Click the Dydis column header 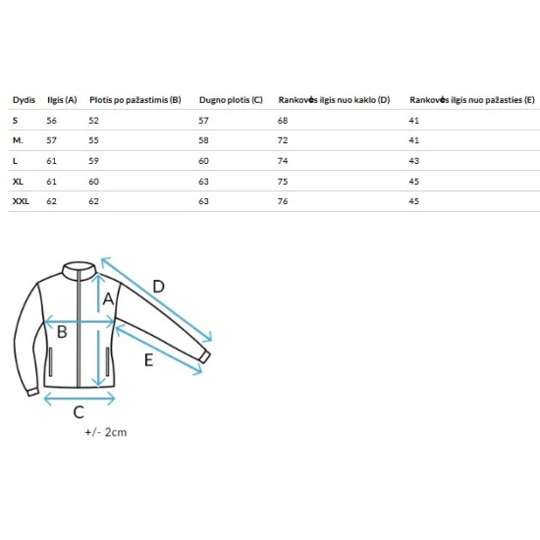[24, 100]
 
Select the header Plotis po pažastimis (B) [135, 100]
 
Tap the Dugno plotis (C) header [231, 100]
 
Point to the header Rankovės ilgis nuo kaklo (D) [334, 100]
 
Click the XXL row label [21, 201]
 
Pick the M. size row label [18, 140]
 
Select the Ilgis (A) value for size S [51, 121]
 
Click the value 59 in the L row [93, 161]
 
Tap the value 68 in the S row [283, 121]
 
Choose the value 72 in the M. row [283, 140]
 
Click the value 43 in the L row [414, 161]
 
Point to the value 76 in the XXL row [283, 201]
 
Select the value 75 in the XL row [283, 182]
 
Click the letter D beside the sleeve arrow [158, 286]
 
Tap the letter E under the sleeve [149, 360]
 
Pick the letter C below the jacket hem [79, 412]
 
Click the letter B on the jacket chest [62, 332]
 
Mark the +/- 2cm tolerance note [106, 432]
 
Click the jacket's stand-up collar [79, 269]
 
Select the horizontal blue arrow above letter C [80, 399]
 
